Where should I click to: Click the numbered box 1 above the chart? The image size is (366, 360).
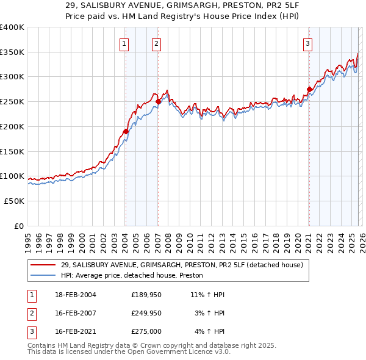point(124,43)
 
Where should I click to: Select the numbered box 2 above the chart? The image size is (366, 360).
point(157,43)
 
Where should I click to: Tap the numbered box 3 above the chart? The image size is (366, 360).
point(308,43)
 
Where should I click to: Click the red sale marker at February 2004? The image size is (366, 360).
point(126,131)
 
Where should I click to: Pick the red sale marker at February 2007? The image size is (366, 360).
point(158,101)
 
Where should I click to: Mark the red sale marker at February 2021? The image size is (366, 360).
point(309,89)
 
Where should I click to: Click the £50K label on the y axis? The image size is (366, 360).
point(13,201)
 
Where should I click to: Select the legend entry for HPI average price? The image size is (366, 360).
point(132,276)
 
